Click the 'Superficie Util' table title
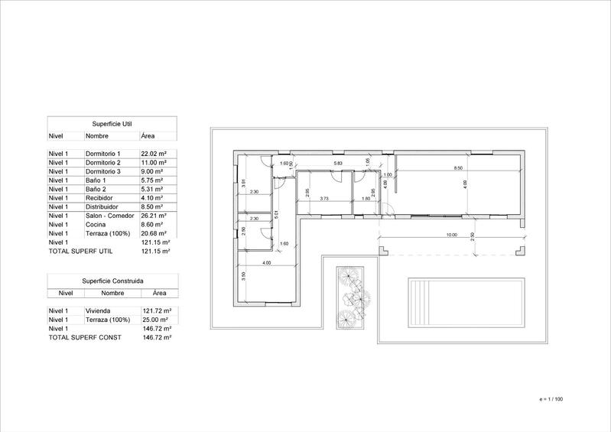pos(112,122)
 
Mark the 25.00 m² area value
pos(155,320)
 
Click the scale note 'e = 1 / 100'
pos(551,399)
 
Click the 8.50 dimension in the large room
pos(458,167)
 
